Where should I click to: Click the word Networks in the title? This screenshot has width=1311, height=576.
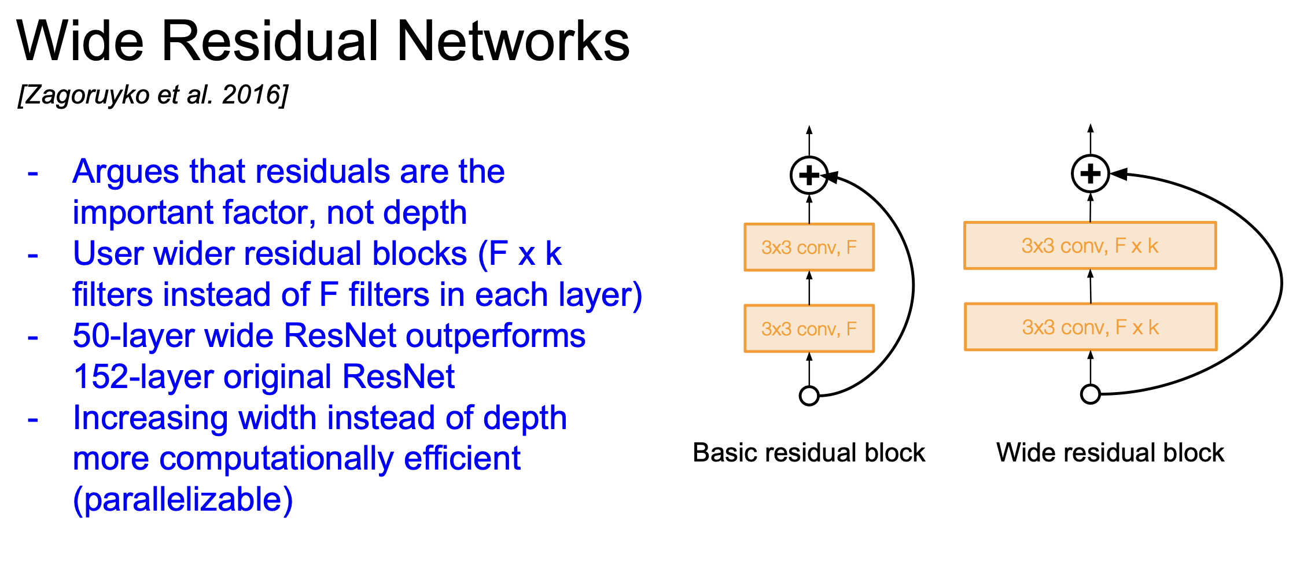[513, 42]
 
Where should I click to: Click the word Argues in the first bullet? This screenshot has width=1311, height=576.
[126, 172]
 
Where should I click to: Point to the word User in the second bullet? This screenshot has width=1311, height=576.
[108, 254]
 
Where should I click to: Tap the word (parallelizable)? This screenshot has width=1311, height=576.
[183, 500]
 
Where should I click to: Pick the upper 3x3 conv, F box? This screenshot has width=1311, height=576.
[809, 248]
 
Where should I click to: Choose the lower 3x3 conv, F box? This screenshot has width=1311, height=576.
[809, 328]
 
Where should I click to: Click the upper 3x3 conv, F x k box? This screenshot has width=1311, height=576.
[1090, 246]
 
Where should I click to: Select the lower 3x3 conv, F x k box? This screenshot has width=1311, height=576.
[1090, 327]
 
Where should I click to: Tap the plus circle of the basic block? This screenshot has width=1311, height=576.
[809, 175]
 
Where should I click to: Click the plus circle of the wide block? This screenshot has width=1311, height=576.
[1090, 173]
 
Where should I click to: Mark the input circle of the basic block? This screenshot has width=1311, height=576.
[809, 396]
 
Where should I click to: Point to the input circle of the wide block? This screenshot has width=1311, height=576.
[1090, 394]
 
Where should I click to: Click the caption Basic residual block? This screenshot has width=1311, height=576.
[809, 453]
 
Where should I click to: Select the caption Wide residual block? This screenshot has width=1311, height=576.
[1110, 453]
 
